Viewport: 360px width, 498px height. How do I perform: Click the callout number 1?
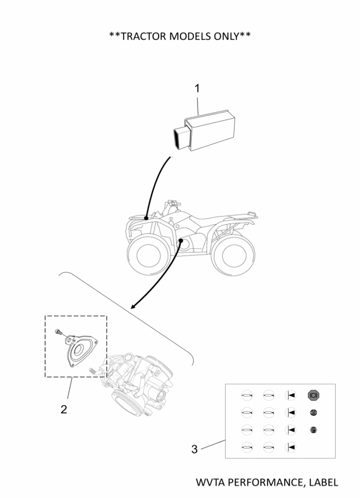(x=197, y=88)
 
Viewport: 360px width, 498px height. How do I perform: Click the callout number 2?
(x=64, y=409)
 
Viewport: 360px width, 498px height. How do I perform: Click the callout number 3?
(x=194, y=449)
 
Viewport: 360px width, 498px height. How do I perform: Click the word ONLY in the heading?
(x=224, y=36)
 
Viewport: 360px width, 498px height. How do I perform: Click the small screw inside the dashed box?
(x=58, y=331)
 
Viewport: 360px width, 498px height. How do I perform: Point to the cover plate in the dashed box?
(x=81, y=351)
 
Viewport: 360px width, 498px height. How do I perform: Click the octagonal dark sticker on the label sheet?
(x=314, y=395)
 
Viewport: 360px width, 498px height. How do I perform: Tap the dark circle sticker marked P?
(x=313, y=430)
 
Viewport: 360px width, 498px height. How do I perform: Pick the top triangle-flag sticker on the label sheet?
(x=290, y=395)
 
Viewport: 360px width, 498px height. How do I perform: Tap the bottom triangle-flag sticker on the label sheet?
(x=290, y=446)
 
